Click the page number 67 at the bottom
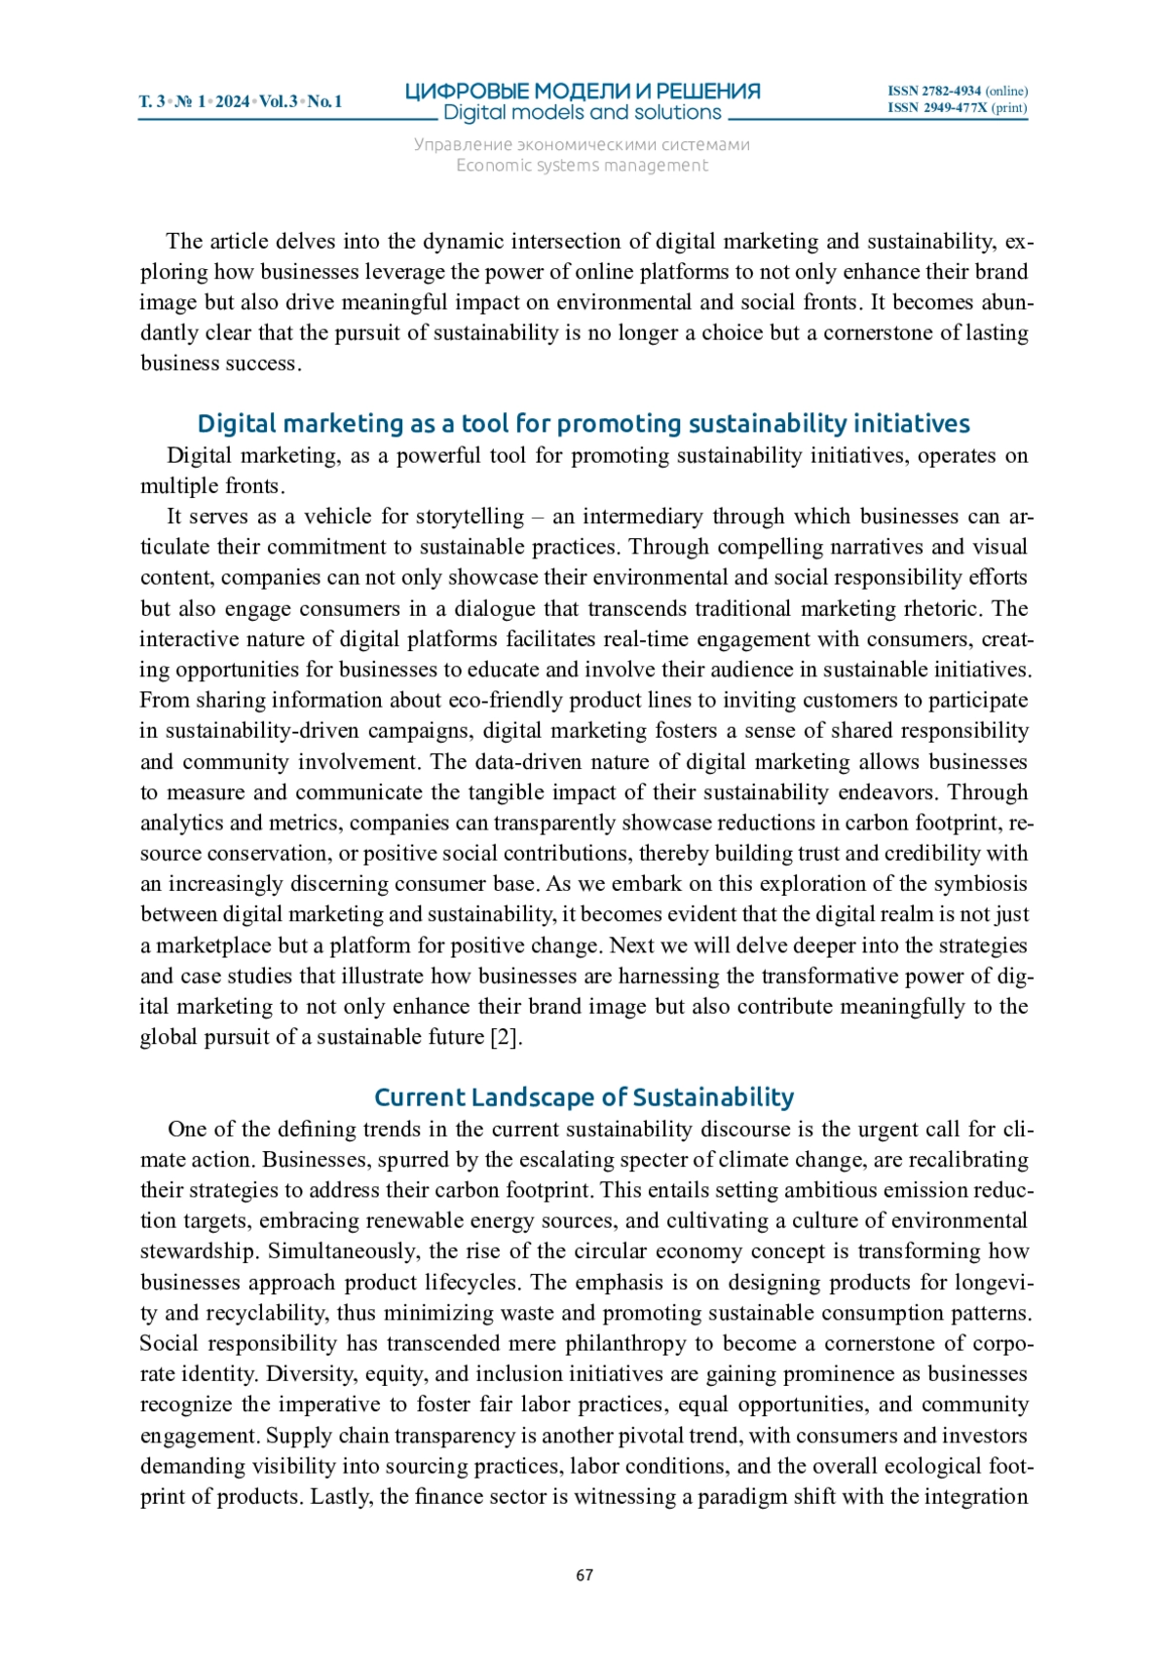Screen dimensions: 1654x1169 tap(584, 1575)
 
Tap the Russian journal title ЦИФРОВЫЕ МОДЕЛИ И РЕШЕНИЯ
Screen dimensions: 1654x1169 tap(583, 92)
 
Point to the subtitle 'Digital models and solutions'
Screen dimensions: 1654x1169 tap(583, 113)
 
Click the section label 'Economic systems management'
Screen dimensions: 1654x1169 tap(583, 166)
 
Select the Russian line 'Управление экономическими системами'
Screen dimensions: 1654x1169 tap(583, 145)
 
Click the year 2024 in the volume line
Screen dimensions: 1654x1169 tap(232, 101)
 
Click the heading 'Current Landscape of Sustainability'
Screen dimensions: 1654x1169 tap(584, 1097)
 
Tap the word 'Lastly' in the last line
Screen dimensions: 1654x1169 tap(340, 1496)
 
